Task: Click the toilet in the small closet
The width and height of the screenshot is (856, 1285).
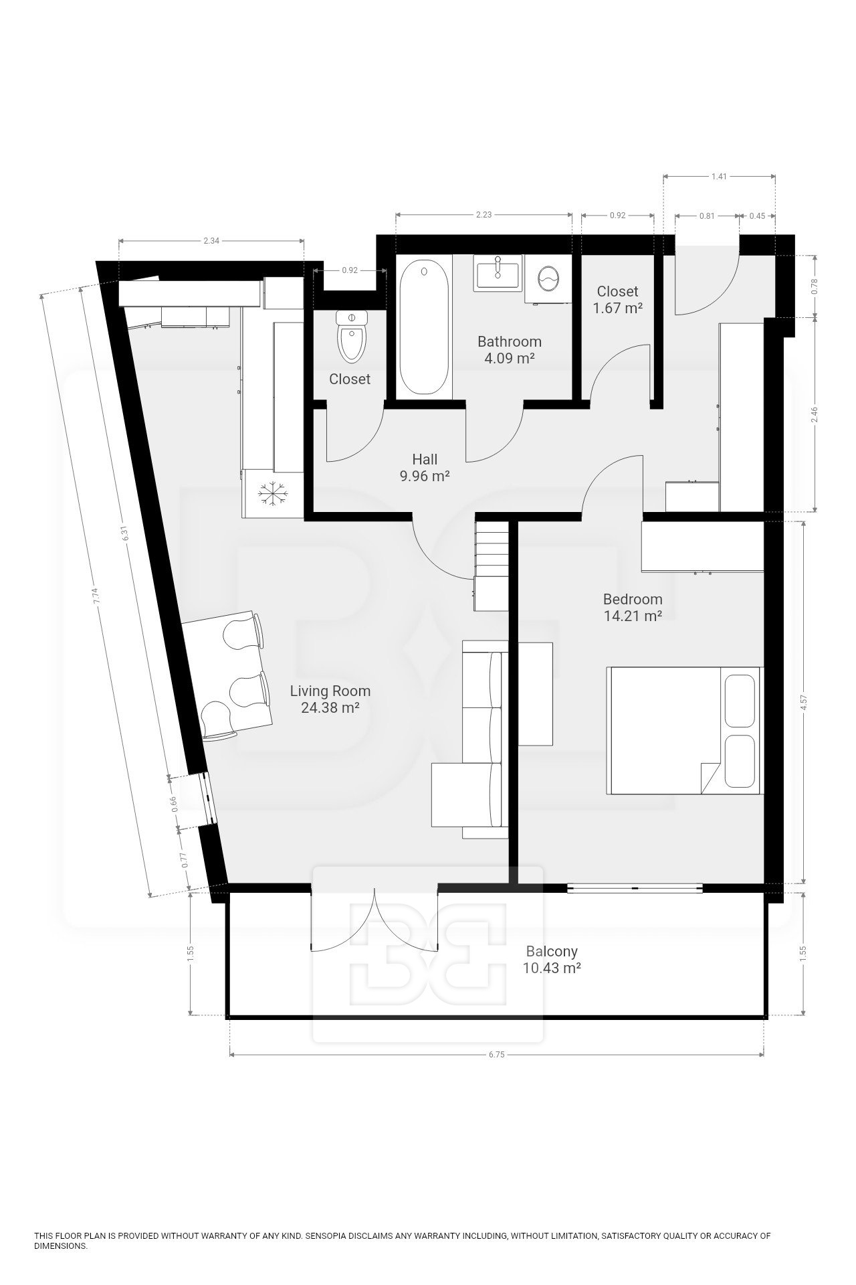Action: pyautogui.click(x=352, y=339)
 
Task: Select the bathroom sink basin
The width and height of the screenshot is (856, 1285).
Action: pyautogui.click(x=498, y=273)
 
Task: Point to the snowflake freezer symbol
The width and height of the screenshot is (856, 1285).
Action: pyautogui.click(x=273, y=494)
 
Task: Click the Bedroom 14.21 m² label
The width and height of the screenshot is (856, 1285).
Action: pyautogui.click(x=633, y=608)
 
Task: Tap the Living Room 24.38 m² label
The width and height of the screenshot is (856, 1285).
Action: pyautogui.click(x=330, y=699)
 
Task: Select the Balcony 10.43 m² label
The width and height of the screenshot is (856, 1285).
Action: pyautogui.click(x=552, y=959)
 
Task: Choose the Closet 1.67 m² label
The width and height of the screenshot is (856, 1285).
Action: pyautogui.click(x=617, y=300)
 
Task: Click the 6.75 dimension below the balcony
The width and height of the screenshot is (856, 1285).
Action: pyautogui.click(x=496, y=1054)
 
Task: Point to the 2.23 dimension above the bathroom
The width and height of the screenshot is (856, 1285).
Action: pyautogui.click(x=484, y=215)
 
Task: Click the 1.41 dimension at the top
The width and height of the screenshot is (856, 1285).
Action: pyautogui.click(x=719, y=177)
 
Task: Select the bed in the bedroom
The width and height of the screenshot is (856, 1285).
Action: pyautogui.click(x=684, y=730)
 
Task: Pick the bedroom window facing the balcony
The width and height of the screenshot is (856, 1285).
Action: pyautogui.click(x=635, y=888)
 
